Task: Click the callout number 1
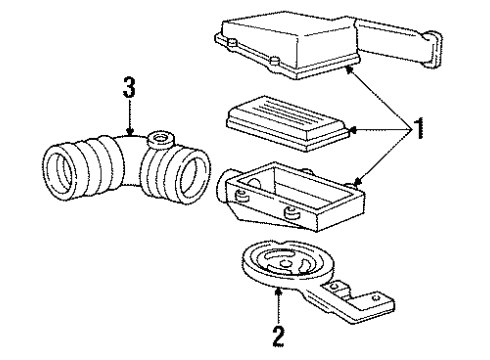click(x=418, y=128)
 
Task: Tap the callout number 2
click(x=278, y=337)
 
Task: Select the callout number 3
click(x=129, y=87)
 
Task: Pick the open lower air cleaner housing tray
click(x=291, y=197)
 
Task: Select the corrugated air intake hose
click(x=127, y=167)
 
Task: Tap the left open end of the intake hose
click(x=60, y=172)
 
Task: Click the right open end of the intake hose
click(x=193, y=177)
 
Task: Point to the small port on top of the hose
click(x=161, y=139)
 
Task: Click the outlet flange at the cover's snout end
click(x=434, y=50)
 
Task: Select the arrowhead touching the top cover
click(x=349, y=69)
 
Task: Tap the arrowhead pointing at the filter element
click(x=353, y=130)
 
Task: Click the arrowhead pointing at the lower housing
click(x=358, y=182)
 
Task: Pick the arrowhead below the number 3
click(x=130, y=132)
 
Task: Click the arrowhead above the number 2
click(x=278, y=292)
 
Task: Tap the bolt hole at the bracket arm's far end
click(x=377, y=297)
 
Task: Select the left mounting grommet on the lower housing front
click(x=241, y=197)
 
